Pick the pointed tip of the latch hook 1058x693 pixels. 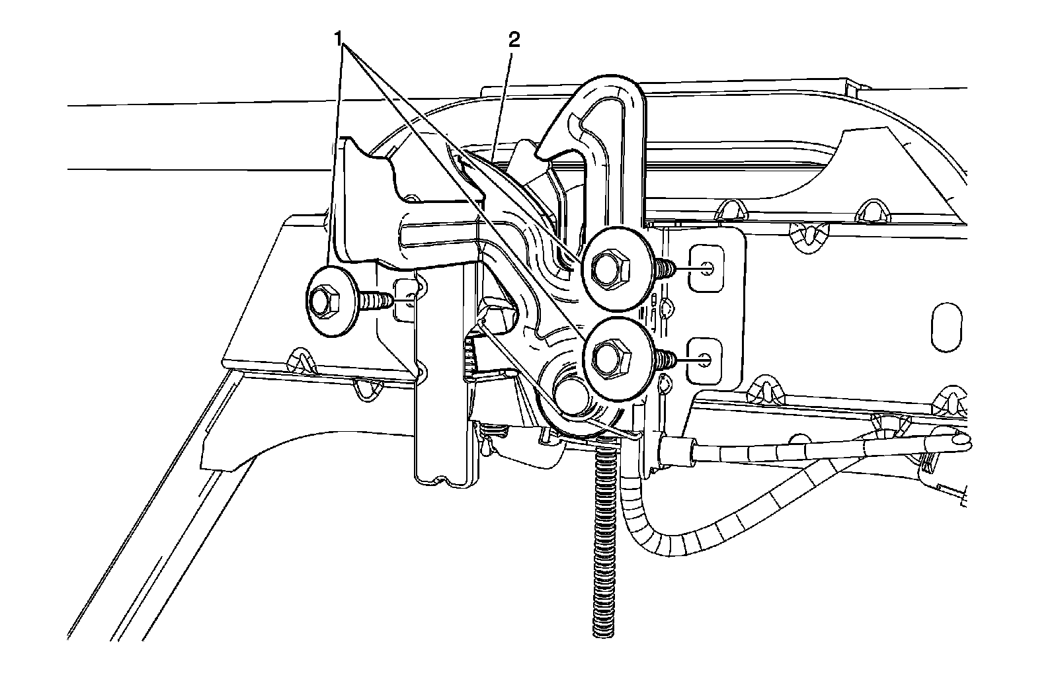click(548, 152)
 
